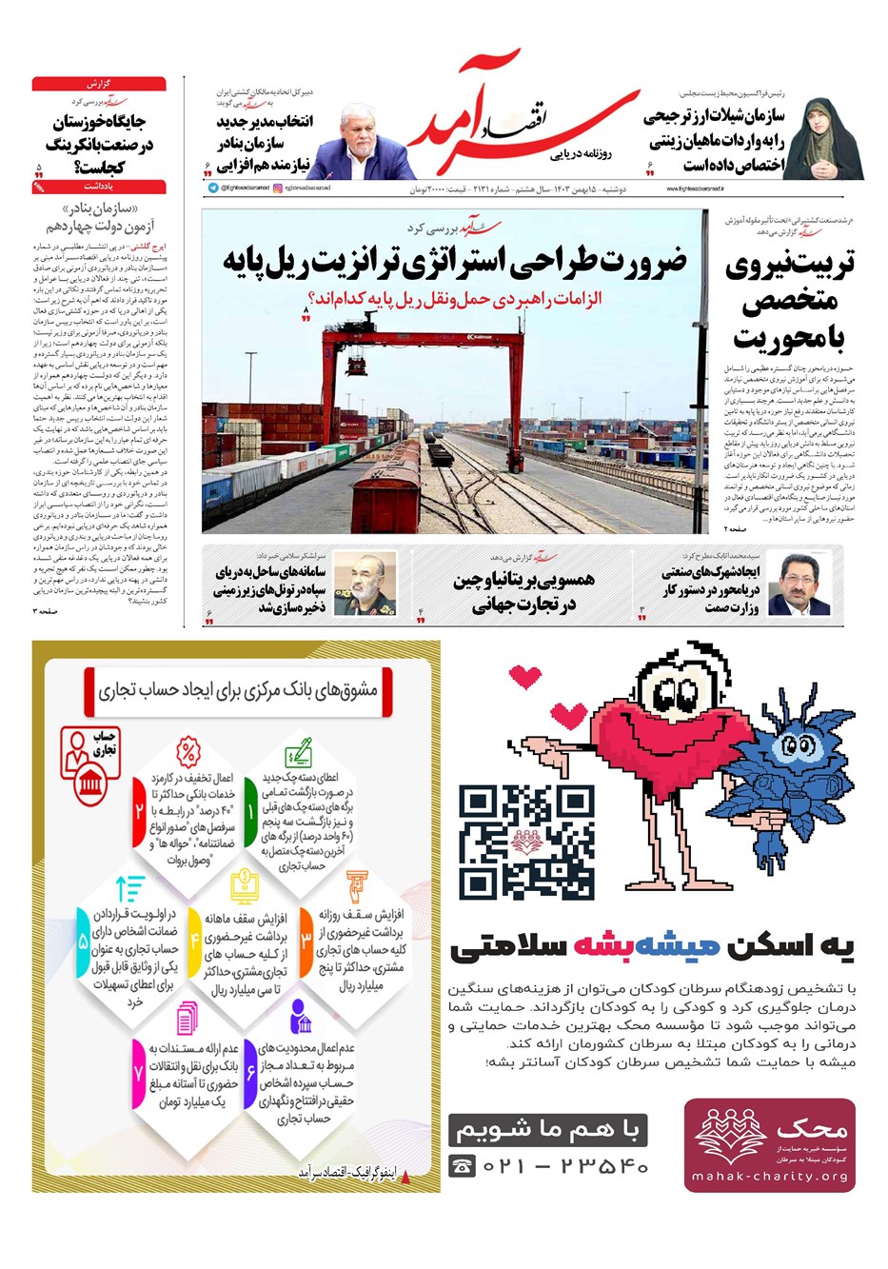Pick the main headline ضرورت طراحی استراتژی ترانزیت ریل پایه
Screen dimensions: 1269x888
454,260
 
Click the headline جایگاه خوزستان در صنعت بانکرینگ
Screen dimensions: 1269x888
100,144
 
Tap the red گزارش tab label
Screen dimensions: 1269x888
99,84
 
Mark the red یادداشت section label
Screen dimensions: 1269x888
99,188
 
